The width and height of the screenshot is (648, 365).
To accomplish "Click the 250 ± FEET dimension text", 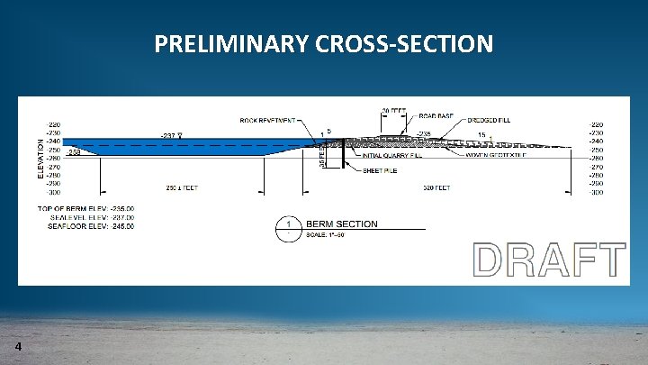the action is tap(182, 187).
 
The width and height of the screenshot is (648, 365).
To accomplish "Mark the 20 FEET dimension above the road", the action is tap(393, 111).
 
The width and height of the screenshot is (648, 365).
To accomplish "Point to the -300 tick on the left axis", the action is tap(55, 192).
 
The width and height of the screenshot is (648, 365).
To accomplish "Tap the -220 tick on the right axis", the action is tap(596, 124).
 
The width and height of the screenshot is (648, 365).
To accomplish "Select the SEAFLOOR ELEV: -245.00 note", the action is tap(93, 226).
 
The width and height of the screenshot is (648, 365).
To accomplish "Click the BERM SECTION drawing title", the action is tap(342, 224).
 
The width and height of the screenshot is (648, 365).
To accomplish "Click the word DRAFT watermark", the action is tap(549, 260).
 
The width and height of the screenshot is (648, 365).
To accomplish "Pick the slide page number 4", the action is tap(18, 348).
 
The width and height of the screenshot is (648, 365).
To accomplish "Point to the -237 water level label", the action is tap(168, 135).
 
